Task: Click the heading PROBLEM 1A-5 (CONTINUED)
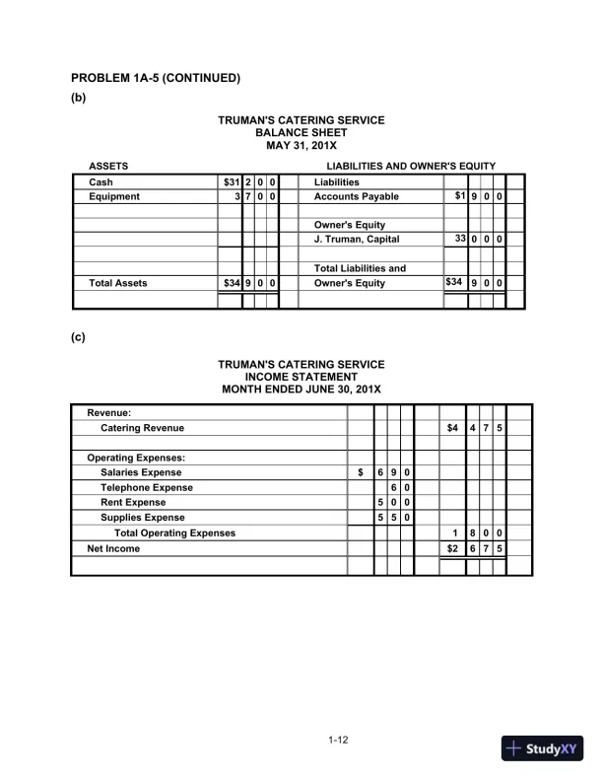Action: tap(156, 78)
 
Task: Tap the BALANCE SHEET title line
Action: tap(301, 132)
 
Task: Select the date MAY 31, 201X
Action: tap(301, 145)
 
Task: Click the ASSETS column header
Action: tap(108, 166)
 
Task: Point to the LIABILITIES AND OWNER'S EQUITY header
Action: tap(411, 166)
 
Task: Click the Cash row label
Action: tap(100, 182)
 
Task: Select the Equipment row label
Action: tap(114, 196)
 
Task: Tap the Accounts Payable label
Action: tap(356, 196)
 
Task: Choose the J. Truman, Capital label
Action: tap(356, 239)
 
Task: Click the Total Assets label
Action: tap(118, 283)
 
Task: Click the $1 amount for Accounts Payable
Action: tap(458, 196)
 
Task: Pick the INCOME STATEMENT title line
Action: tap(301, 377)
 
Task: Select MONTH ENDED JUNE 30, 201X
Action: tap(301, 390)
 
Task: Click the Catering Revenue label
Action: tap(142, 428)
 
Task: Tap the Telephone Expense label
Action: tap(146, 487)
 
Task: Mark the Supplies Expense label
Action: tap(142, 517)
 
